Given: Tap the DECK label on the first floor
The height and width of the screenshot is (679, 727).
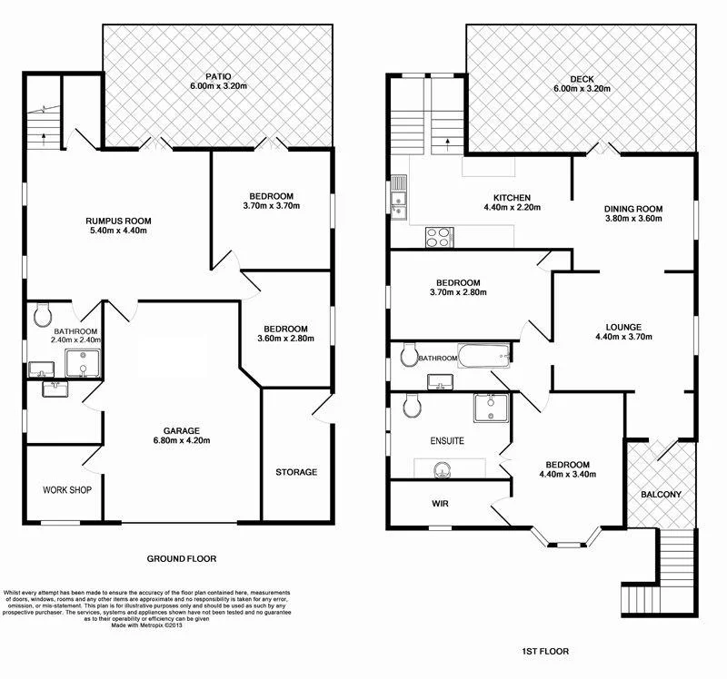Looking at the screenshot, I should click(581, 78).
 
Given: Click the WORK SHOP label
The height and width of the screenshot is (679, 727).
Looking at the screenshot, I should click(67, 489).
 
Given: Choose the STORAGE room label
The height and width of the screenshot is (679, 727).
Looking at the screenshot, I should click(296, 472).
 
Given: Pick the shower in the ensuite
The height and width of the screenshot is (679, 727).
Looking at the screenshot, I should click(489, 409).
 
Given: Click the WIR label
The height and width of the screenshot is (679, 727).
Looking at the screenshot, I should click(442, 502).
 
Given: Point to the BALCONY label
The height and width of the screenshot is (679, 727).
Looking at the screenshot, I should click(661, 495).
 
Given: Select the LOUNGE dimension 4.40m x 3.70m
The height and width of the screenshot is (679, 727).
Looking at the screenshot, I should click(623, 338).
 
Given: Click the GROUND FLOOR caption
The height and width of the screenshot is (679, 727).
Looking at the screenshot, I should click(182, 559).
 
